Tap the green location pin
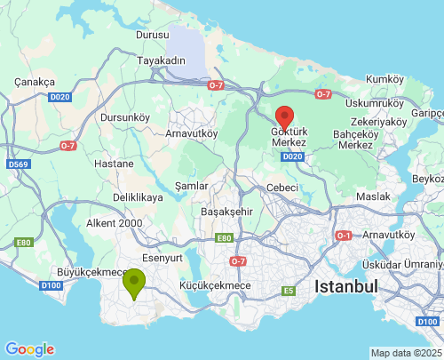pyautogui.click(x=134, y=284)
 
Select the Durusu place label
pyautogui.click(x=152, y=35)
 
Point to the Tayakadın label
pyautogui.click(x=162, y=60)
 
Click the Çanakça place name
pyautogui.click(x=36, y=81)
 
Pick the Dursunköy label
pyautogui.click(x=124, y=116)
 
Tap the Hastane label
pyautogui.click(x=114, y=164)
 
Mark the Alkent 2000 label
pyautogui.click(x=115, y=223)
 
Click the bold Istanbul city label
pyautogui.click(x=345, y=286)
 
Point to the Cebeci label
pyautogui.click(x=282, y=188)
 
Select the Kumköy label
pyautogui.click(x=385, y=79)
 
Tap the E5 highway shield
pyautogui.click(x=288, y=290)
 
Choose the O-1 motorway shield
pyautogui.click(x=344, y=236)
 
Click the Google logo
pyautogui.click(x=29, y=349)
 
